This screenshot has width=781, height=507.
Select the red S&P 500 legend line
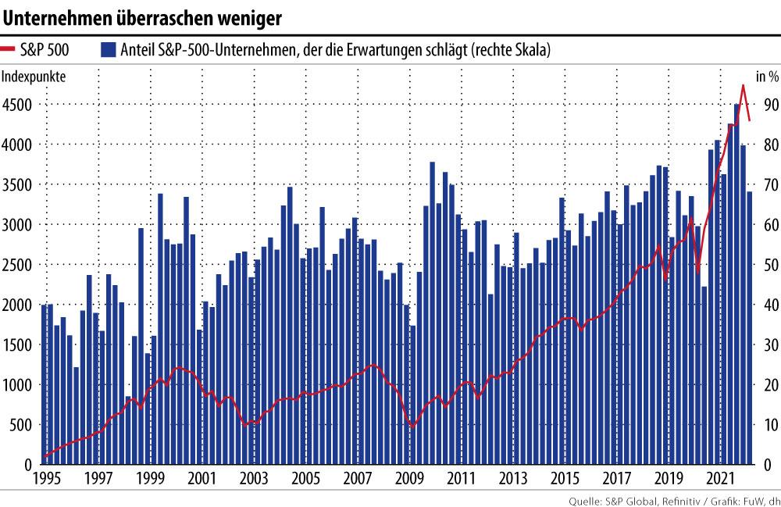[16, 51]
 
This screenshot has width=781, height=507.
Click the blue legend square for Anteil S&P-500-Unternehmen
[108, 51]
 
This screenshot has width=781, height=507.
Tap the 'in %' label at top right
[767, 77]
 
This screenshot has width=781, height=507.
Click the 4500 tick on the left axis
[17, 105]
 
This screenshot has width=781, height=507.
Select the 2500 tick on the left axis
[17, 265]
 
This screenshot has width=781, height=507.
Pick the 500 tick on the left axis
[20, 424]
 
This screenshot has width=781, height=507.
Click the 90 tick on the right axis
[769, 105]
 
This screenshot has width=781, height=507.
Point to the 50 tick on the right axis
[769, 265]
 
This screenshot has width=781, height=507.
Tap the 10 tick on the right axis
[769, 424]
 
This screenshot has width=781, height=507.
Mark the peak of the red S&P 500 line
[743, 85]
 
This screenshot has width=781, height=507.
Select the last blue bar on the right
[750, 328]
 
